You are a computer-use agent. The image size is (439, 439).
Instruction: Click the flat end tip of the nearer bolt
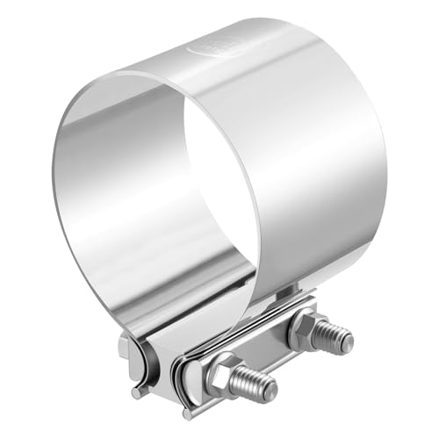[x=270, y=386]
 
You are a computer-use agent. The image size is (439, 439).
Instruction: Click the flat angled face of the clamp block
[x=176, y=338]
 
